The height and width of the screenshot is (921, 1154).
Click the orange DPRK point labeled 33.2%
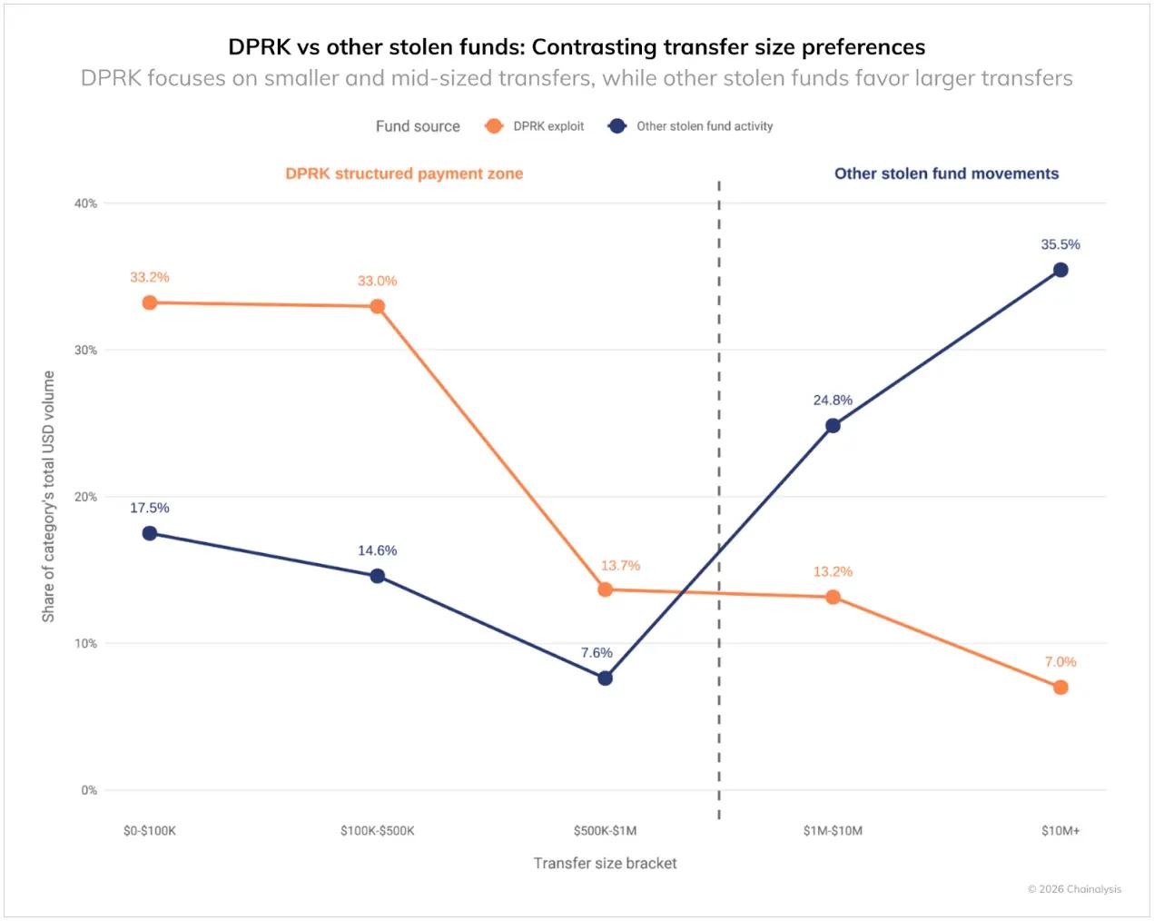click(x=150, y=302)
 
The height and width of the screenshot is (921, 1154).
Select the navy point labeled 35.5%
click(x=1060, y=270)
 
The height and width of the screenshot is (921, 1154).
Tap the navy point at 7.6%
click(x=606, y=678)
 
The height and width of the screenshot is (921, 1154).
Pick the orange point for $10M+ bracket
click(x=1060, y=688)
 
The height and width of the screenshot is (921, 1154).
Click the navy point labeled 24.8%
click(x=833, y=425)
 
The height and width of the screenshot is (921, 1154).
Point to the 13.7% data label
click(x=620, y=565)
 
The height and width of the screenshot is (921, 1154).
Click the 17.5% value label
click(x=150, y=508)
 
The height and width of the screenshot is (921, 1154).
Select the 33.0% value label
click(x=377, y=281)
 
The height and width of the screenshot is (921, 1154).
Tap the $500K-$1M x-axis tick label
click(x=606, y=830)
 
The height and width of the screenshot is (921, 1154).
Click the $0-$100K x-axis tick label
click(x=150, y=830)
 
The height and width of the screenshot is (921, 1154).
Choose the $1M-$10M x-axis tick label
click(x=833, y=830)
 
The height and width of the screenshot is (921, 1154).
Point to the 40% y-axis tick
click(x=85, y=203)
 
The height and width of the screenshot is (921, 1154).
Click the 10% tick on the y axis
click(x=85, y=643)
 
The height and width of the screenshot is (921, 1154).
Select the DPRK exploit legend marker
click(x=494, y=126)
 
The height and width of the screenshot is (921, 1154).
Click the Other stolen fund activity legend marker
click(x=617, y=126)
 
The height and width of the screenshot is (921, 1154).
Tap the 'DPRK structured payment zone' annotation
click(x=404, y=173)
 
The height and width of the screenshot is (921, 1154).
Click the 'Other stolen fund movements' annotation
click(x=946, y=173)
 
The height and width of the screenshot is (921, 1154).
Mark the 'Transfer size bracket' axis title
click(x=605, y=863)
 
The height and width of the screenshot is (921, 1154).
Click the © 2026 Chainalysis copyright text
click(x=1074, y=889)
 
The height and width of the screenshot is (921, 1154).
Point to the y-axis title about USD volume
click(x=48, y=496)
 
